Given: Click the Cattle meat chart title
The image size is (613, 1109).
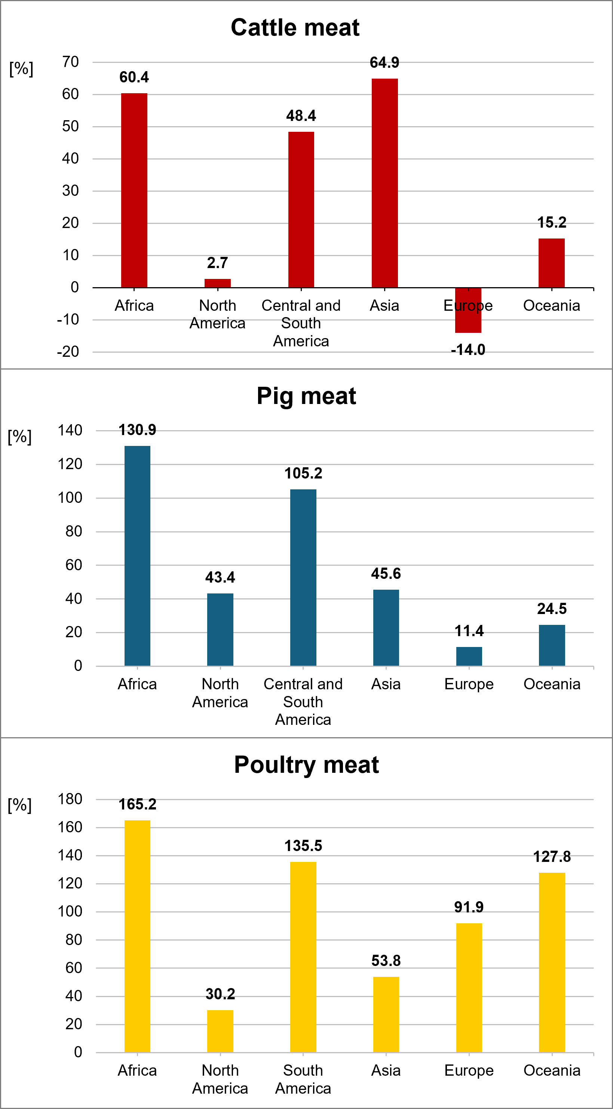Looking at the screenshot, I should click(x=295, y=28).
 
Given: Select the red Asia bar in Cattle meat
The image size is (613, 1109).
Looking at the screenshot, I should click(x=384, y=183).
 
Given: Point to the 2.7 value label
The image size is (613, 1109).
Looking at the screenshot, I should click(x=217, y=262).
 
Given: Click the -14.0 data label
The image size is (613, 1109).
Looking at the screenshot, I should click(x=468, y=350).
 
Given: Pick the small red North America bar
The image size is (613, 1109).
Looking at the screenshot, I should click(x=217, y=283).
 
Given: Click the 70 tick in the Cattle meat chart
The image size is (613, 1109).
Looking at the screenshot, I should click(x=71, y=62).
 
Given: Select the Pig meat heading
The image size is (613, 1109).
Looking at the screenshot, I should click(x=306, y=396).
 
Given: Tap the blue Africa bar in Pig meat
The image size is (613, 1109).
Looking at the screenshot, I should click(x=137, y=555).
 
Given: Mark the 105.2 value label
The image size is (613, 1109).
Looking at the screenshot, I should click(x=303, y=473).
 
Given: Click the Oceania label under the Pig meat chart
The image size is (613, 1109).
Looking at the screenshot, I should click(x=552, y=684).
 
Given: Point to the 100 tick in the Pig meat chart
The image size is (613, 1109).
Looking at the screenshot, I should click(x=70, y=498).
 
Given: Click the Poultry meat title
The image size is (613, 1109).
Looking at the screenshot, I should click(x=306, y=765).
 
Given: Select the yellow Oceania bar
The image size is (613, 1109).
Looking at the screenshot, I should click(x=552, y=962).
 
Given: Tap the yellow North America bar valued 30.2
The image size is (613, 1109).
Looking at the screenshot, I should click(x=220, y=1031).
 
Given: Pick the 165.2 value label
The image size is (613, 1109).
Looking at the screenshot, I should click(x=137, y=804).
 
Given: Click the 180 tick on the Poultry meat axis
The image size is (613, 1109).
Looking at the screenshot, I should click(x=70, y=799).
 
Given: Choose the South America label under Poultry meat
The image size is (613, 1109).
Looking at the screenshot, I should click(x=303, y=1079).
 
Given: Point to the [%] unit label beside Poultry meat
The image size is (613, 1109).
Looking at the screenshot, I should click(x=20, y=805).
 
